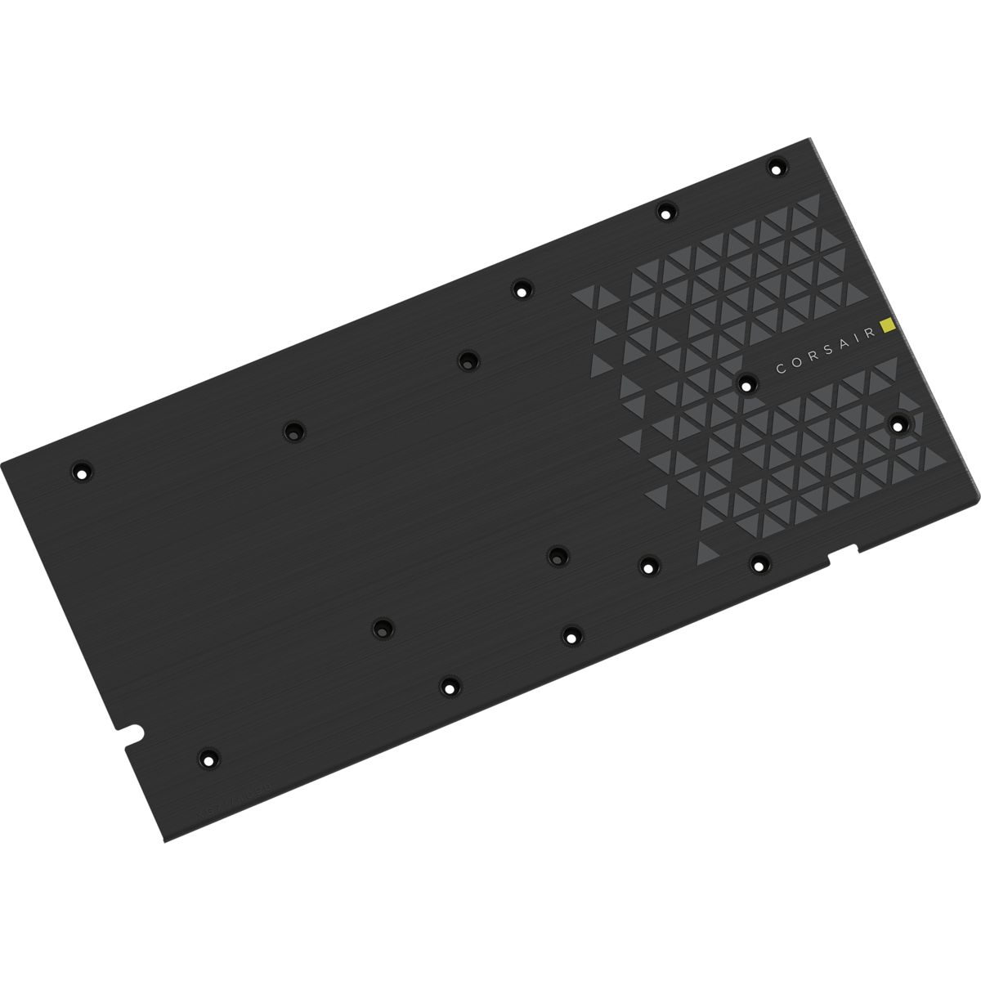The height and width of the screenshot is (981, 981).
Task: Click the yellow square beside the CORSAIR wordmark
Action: (889, 327)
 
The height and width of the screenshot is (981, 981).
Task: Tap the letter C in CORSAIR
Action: (781, 370)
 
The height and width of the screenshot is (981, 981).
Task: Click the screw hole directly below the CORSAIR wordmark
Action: (746, 383)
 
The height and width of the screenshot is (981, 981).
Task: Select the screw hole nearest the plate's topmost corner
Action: (775, 167)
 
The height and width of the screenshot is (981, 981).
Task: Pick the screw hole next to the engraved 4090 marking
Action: (208, 758)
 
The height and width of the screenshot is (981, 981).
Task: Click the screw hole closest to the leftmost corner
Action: (82, 471)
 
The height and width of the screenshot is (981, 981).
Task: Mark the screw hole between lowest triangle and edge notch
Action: (759, 562)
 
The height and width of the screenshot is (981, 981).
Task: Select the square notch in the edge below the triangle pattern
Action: (844, 553)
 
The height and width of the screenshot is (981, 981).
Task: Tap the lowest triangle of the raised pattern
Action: (708, 553)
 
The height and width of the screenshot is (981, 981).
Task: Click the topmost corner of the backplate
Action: (809, 139)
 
